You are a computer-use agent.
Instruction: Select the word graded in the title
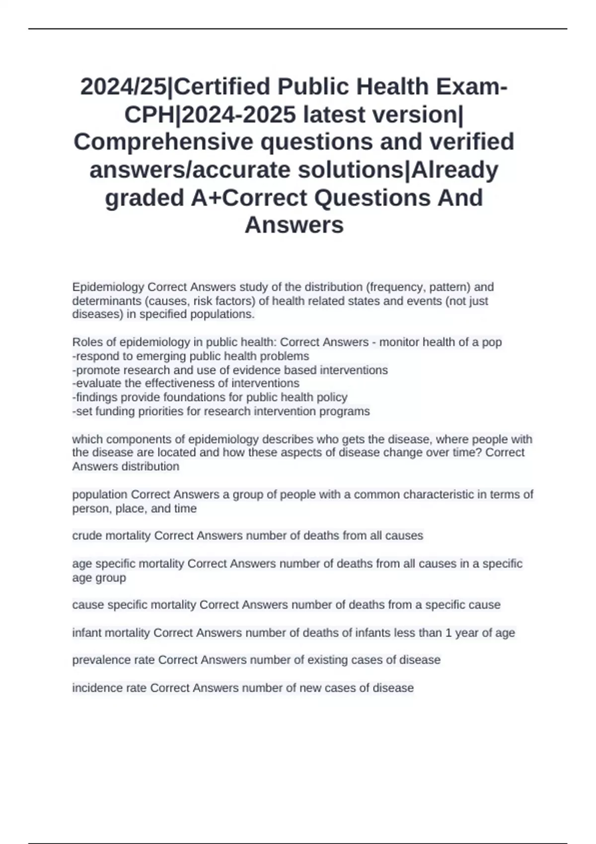(145, 198)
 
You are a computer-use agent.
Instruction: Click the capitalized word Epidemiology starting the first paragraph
(108, 287)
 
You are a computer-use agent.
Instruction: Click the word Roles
(86, 342)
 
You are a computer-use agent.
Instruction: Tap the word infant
(86, 633)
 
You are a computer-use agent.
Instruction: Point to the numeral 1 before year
(448, 633)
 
